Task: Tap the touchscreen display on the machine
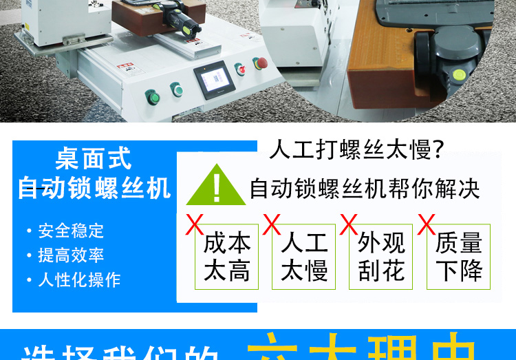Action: coord(213,82)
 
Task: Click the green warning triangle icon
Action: coord(216,185)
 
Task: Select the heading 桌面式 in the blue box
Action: coord(94,160)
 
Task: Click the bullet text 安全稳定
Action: coord(71,231)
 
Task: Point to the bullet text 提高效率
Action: coord(71,255)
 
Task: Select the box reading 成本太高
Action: coord(227,257)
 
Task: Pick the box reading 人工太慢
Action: coord(304,257)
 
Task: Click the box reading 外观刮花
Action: coord(381,257)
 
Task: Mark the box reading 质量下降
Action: coord(459,257)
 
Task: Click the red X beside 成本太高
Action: coord(195,224)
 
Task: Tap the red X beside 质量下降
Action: coord(427,224)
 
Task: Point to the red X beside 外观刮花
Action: coord(350,224)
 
